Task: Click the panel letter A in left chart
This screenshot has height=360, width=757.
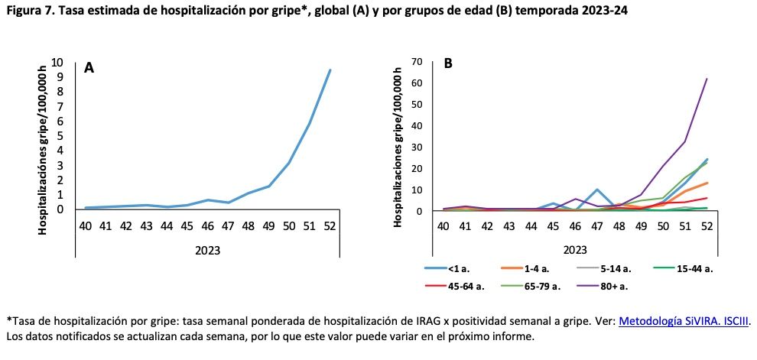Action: tap(89, 68)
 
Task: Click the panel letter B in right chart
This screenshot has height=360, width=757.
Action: tap(448, 63)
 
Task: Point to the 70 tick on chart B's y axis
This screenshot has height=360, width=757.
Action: tap(417, 61)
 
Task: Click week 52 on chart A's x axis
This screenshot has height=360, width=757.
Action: tap(330, 226)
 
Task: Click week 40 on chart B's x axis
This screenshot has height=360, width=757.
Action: tap(443, 226)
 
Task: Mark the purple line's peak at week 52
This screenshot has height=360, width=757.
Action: tap(707, 79)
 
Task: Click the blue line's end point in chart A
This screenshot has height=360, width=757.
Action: tap(330, 70)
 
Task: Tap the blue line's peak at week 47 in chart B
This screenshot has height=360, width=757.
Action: tap(597, 190)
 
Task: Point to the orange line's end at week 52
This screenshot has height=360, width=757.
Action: tap(707, 183)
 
